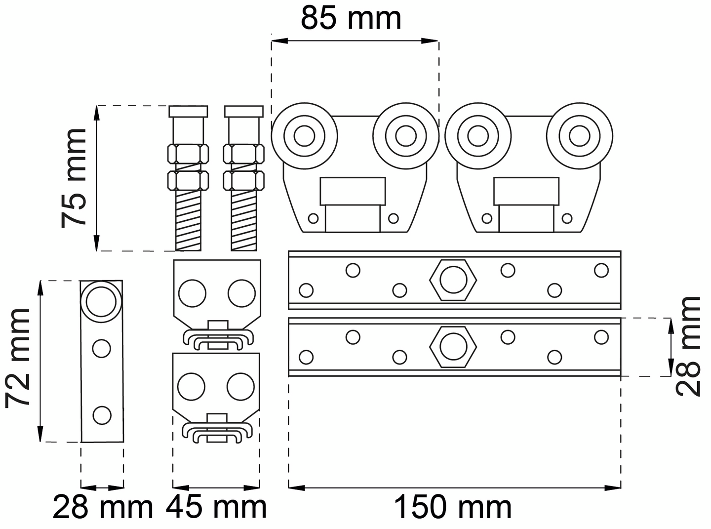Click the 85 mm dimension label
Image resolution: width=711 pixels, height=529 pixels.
coord(351,18)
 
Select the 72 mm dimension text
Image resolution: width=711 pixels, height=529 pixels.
coord(19,359)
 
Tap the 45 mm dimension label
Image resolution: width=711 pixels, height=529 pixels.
coord(216,507)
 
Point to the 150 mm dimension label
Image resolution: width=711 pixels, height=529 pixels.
coord(453,508)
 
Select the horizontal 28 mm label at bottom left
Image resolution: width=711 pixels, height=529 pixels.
coord(103,507)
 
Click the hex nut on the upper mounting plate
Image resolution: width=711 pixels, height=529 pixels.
coord(453,280)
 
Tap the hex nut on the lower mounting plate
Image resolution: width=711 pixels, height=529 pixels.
coord(453,346)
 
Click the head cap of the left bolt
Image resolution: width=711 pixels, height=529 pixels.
coord(188,111)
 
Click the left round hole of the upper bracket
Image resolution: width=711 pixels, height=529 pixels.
coord(192,293)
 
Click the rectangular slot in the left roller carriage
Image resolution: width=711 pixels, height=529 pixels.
coord(353,192)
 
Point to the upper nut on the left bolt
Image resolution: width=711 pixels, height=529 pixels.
coord(188,154)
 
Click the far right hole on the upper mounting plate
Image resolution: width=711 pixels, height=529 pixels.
coord(601,270)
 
